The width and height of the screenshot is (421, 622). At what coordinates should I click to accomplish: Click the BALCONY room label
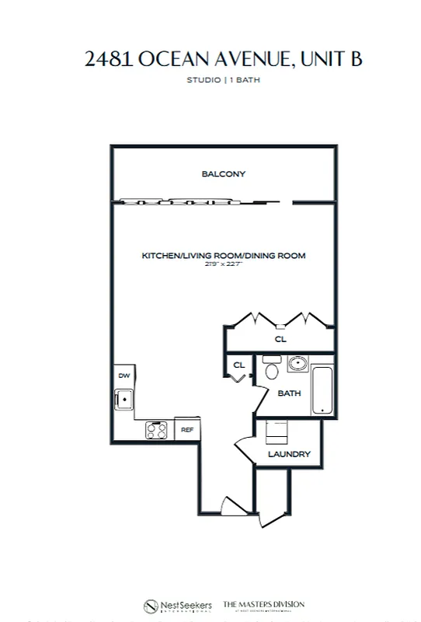coord(223,174)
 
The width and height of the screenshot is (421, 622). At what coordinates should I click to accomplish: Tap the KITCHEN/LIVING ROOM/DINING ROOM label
coord(223,256)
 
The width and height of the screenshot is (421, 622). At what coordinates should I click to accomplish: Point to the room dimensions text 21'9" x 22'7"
coord(223,264)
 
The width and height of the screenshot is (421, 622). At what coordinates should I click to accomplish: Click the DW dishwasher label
coord(124,376)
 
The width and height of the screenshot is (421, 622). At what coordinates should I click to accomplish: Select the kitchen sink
coord(124,400)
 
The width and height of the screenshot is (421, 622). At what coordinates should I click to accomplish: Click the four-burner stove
coord(156,428)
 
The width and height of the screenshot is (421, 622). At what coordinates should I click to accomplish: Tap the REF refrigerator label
coord(187,429)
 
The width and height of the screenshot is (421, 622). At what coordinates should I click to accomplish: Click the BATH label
coord(289,393)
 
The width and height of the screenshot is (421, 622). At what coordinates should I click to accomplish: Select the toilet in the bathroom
coord(271,368)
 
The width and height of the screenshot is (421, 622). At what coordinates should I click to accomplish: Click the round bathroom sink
coord(296,363)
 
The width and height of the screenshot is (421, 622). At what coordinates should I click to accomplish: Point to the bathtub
coord(322,390)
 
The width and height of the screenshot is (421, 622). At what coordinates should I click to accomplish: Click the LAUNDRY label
coord(289,454)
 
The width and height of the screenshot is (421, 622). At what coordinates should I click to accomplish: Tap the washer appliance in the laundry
coord(277,432)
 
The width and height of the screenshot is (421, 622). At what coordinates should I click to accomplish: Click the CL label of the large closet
coord(280,340)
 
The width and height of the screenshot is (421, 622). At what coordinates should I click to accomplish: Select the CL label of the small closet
coord(239,365)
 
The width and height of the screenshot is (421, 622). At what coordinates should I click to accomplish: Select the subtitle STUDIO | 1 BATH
coord(223,80)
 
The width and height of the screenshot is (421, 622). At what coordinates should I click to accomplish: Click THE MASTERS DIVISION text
coord(264,604)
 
